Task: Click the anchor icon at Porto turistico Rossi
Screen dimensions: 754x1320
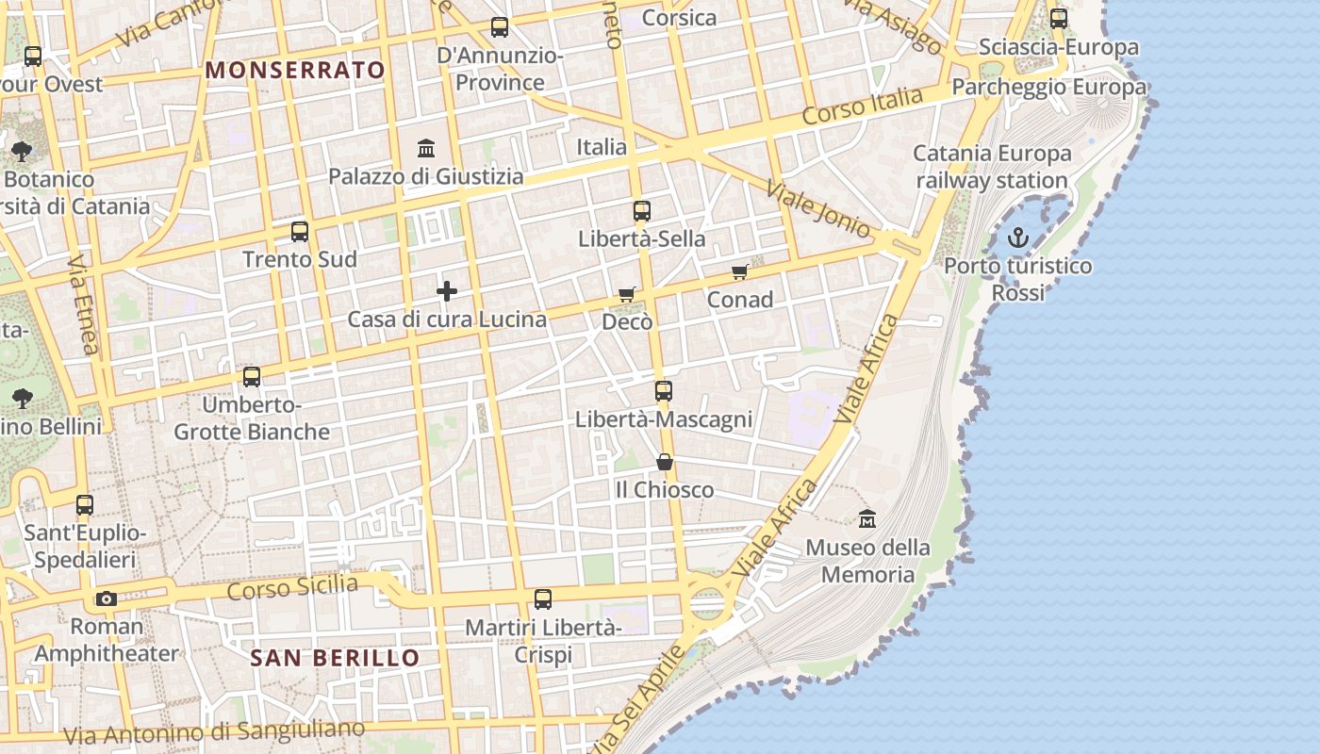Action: click(x=1017, y=238)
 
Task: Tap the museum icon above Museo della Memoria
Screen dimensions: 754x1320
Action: click(x=867, y=518)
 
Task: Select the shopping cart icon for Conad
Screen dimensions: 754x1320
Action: click(x=740, y=272)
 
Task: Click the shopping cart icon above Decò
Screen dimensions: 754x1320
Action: click(x=627, y=295)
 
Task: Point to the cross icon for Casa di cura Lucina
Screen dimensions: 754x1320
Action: click(x=447, y=291)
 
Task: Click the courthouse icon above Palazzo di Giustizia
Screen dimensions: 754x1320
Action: click(x=426, y=149)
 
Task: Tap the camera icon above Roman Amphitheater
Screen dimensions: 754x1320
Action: click(x=107, y=598)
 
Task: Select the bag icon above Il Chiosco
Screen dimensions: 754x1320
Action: click(x=665, y=462)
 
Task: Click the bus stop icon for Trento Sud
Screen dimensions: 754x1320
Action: click(x=300, y=232)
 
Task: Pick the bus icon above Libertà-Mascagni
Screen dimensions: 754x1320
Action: click(x=664, y=390)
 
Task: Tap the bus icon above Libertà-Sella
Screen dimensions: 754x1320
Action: click(x=642, y=211)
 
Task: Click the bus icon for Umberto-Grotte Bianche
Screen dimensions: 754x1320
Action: click(x=252, y=377)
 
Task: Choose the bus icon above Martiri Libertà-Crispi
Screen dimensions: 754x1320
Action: click(x=543, y=598)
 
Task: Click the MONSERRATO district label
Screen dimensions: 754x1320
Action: click(x=295, y=70)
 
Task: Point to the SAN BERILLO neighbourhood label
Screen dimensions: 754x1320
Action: click(x=335, y=658)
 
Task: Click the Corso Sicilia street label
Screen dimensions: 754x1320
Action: click(x=292, y=588)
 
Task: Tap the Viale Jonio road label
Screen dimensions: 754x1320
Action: click(x=817, y=207)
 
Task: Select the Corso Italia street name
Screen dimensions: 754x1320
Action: click(x=862, y=107)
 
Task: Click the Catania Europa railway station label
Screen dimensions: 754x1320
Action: click(x=992, y=167)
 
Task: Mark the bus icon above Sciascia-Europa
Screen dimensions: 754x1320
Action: click(x=1059, y=19)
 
